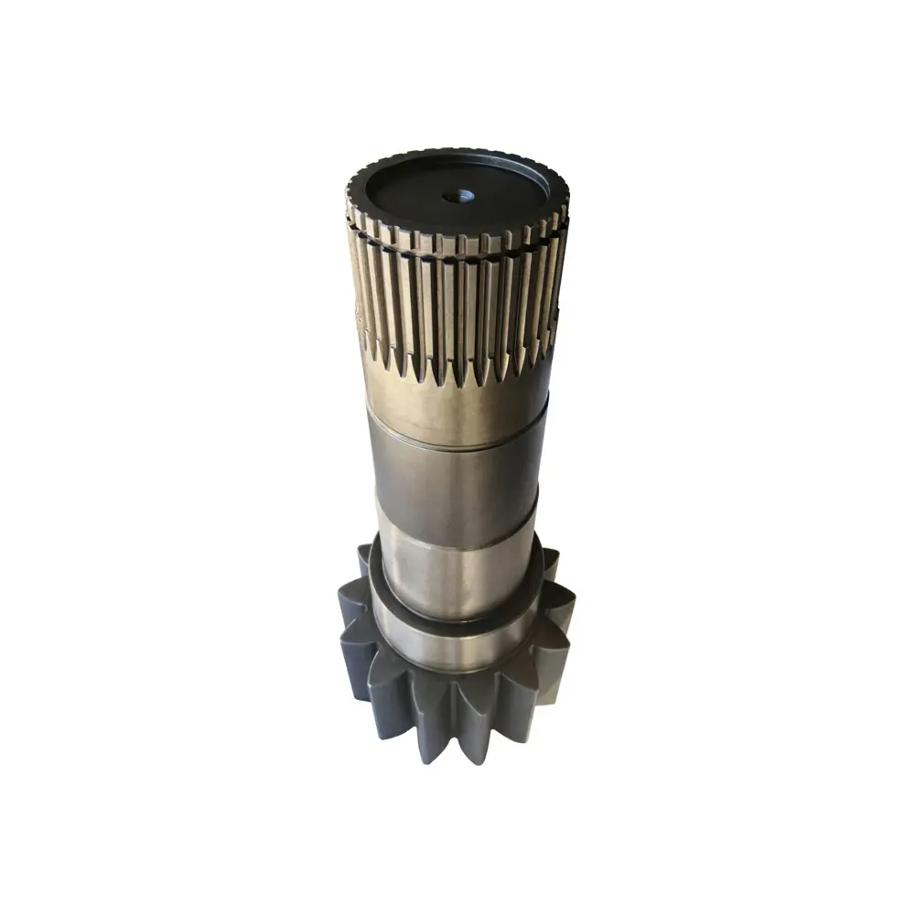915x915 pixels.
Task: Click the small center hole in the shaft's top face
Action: pyautogui.click(x=458, y=196)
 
